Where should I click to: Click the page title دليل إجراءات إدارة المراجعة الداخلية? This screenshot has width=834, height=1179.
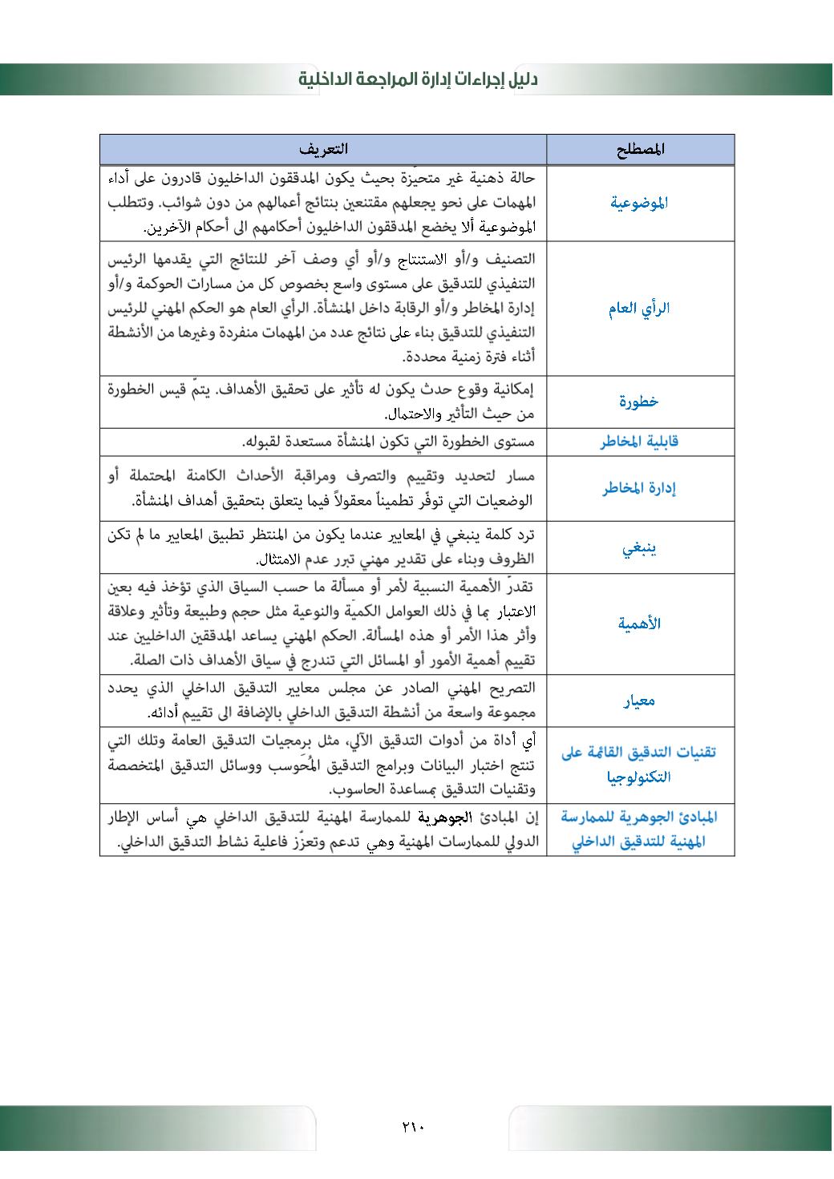pos(418,79)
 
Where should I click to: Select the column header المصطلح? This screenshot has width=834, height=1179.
pos(642,149)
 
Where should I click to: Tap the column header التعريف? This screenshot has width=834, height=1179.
pos(323,149)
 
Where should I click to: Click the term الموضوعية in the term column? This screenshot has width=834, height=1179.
pos(639,203)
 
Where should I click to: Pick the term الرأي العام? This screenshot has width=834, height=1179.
pos(639,309)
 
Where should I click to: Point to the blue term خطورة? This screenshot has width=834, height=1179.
pos(639,402)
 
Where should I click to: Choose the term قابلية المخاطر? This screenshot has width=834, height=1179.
pos(639,442)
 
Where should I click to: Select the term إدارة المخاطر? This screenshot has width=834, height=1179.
pos(639,489)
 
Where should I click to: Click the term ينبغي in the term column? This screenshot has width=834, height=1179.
pos(639,550)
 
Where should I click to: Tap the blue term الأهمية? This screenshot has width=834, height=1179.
pos(639,624)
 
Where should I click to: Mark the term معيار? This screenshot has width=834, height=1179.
pos(639,701)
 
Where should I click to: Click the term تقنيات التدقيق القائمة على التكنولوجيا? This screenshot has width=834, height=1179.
pos(639,764)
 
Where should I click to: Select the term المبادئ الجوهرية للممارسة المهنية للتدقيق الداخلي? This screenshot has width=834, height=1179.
pos(639,830)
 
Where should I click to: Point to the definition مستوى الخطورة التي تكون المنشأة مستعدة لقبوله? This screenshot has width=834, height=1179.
pos(389,442)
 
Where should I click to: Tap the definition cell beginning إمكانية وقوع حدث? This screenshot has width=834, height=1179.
pos(323,402)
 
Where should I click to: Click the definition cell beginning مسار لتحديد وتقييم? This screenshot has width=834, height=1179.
pos(323,489)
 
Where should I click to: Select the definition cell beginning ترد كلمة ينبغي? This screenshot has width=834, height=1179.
pos(323,547)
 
